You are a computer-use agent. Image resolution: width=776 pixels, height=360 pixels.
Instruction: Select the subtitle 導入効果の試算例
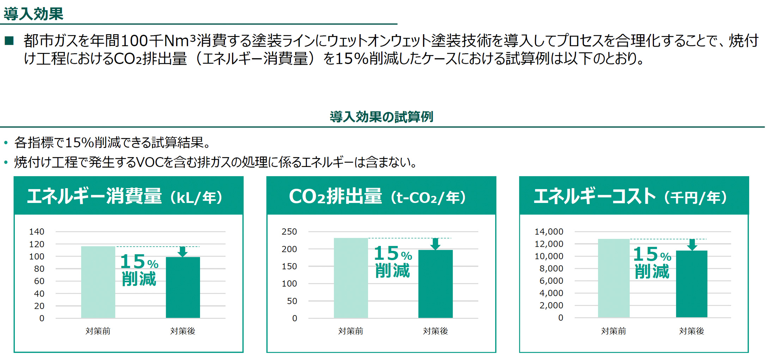pos(381,117)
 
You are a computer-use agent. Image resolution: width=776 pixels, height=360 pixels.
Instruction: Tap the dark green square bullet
pos(9,41)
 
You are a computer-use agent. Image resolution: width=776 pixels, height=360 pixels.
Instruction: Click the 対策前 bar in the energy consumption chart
pos(98,282)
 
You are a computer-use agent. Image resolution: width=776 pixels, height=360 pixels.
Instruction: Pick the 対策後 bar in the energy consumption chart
pos(183,287)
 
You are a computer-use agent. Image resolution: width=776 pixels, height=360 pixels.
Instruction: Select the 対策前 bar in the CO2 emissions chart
pos(351,278)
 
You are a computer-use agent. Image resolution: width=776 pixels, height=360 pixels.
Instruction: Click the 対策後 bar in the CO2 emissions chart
pos(435,284)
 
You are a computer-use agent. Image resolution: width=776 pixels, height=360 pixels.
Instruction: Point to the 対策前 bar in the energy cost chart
pos(614,278)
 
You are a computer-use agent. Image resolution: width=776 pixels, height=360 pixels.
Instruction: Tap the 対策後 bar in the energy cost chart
pos(691,284)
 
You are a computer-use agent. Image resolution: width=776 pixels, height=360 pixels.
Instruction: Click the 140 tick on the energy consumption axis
pos(37,232)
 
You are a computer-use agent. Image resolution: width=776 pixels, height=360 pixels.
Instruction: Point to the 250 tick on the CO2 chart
pos(289,232)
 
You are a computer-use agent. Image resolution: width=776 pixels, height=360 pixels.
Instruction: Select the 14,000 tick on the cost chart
pos(549,232)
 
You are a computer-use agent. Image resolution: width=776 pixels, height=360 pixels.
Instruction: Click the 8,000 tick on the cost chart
pos(551,269)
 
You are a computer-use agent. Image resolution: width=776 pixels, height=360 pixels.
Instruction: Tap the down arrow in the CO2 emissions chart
pos(435,244)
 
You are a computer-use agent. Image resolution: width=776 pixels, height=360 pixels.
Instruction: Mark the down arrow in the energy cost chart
pos(692,244)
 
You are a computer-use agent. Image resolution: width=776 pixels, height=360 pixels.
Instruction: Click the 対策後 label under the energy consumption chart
pos(183,331)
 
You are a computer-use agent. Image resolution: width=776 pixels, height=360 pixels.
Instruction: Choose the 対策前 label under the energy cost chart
pos(614,331)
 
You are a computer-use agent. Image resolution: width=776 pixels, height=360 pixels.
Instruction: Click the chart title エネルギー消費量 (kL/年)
pos(125,196)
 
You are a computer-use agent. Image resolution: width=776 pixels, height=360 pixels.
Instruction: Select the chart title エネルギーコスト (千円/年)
pos(630,196)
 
